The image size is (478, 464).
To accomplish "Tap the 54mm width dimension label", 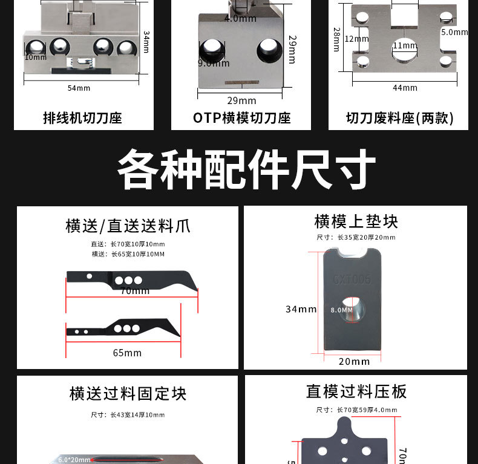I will [79, 88].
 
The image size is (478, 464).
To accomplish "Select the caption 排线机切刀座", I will [82, 118].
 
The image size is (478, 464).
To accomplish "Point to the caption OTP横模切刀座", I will [241, 118].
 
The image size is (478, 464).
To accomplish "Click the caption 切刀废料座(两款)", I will [399, 118].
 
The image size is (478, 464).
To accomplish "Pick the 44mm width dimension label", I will [405, 88].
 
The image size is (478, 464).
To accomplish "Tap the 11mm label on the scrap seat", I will [405, 46].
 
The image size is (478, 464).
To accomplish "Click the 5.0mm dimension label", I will [454, 32].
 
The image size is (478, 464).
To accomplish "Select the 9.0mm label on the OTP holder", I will [214, 63].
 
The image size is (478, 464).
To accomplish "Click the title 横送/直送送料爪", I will [128, 226].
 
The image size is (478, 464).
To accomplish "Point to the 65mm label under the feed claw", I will [127, 353].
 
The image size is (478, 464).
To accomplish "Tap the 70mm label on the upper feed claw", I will [134, 291].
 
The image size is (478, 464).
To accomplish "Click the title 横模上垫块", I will [356, 221].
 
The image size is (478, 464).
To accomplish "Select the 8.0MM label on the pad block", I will [341, 310].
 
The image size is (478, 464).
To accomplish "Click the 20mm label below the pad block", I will [354, 361].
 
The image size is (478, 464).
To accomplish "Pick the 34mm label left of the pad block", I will [301, 309].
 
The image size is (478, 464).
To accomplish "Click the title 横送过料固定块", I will [128, 394].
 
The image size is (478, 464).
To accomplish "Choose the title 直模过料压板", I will [356, 392].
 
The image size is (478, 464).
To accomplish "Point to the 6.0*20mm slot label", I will [74, 460].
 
